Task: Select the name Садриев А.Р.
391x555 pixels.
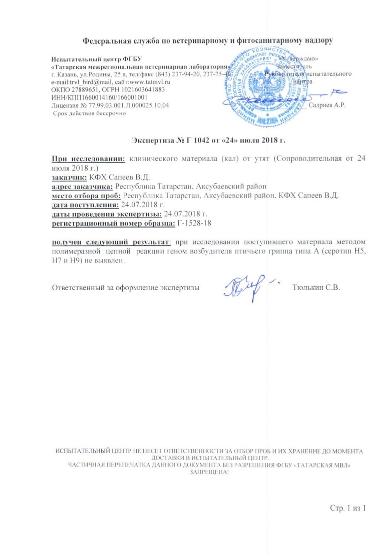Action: (x=327, y=105)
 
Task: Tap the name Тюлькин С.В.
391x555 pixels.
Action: (x=316, y=287)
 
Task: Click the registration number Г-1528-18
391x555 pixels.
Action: (x=194, y=223)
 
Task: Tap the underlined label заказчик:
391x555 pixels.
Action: (x=69, y=177)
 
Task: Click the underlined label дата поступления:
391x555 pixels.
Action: (x=85, y=204)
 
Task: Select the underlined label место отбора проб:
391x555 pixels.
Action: (x=86, y=196)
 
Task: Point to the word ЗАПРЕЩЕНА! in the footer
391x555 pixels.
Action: (x=209, y=472)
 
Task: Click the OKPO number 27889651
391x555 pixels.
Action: (x=80, y=90)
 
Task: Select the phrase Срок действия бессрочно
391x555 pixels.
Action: (x=89, y=113)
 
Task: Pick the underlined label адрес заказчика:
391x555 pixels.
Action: (x=82, y=187)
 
